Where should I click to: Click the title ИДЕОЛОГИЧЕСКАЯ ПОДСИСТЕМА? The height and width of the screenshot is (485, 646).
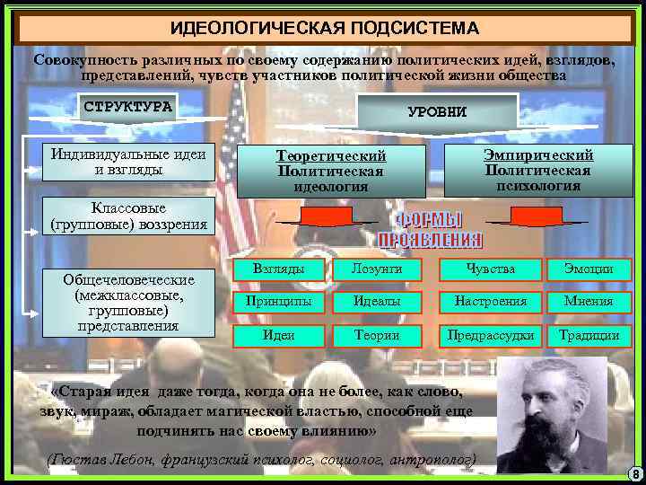pyautogui.click(x=325, y=27)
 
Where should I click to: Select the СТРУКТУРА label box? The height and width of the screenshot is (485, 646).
pyautogui.click(x=128, y=106)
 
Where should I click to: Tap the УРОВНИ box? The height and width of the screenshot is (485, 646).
pyautogui.click(x=437, y=112)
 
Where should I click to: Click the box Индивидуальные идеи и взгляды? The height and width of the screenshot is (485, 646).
pyautogui.click(x=128, y=161)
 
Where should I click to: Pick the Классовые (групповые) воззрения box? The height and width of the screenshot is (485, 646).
pyautogui.click(x=128, y=216)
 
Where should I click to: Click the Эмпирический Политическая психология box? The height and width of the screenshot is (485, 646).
pyautogui.click(x=537, y=170)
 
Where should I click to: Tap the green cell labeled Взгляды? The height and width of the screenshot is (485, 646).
pyautogui.click(x=279, y=269)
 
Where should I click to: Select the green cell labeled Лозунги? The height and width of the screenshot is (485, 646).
pyautogui.click(x=377, y=269)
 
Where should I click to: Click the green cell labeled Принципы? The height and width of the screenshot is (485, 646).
pyautogui.click(x=279, y=302)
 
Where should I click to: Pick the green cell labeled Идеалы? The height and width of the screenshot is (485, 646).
pyautogui.click(x=377, y=302)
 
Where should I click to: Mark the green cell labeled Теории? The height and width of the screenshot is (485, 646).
pyautogui.click(x=377, y=335)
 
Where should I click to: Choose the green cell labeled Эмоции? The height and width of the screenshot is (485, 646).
pyautogui.click(x=589, y=269)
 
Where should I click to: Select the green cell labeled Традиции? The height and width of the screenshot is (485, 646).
pyautogui.click(x=589, y=335)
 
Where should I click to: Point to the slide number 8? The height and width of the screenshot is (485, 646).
pyautogui.click(x=634, y=474)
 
